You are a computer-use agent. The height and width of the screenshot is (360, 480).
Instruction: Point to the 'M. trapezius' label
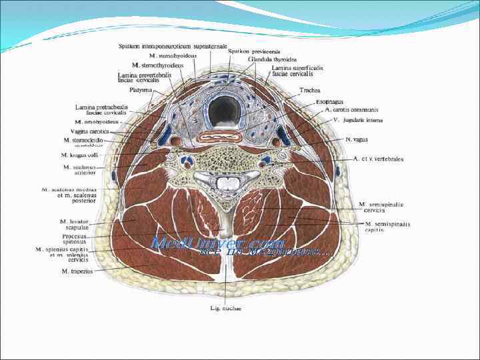pyautogui.click(x=78, y=271)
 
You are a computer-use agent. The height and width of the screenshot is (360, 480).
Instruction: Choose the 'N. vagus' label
pyautogui.click(x=357, y=140)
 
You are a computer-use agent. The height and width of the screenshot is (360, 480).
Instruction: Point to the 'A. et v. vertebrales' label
pyautogui.click(x=378, y=159)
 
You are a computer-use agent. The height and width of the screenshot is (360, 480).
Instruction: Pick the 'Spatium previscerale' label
pyautogui.click(x=245, y=51)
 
